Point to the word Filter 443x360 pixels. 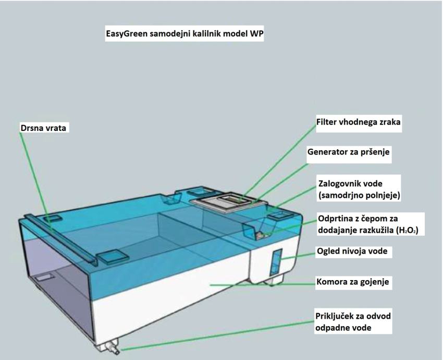(x=327, y=122)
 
